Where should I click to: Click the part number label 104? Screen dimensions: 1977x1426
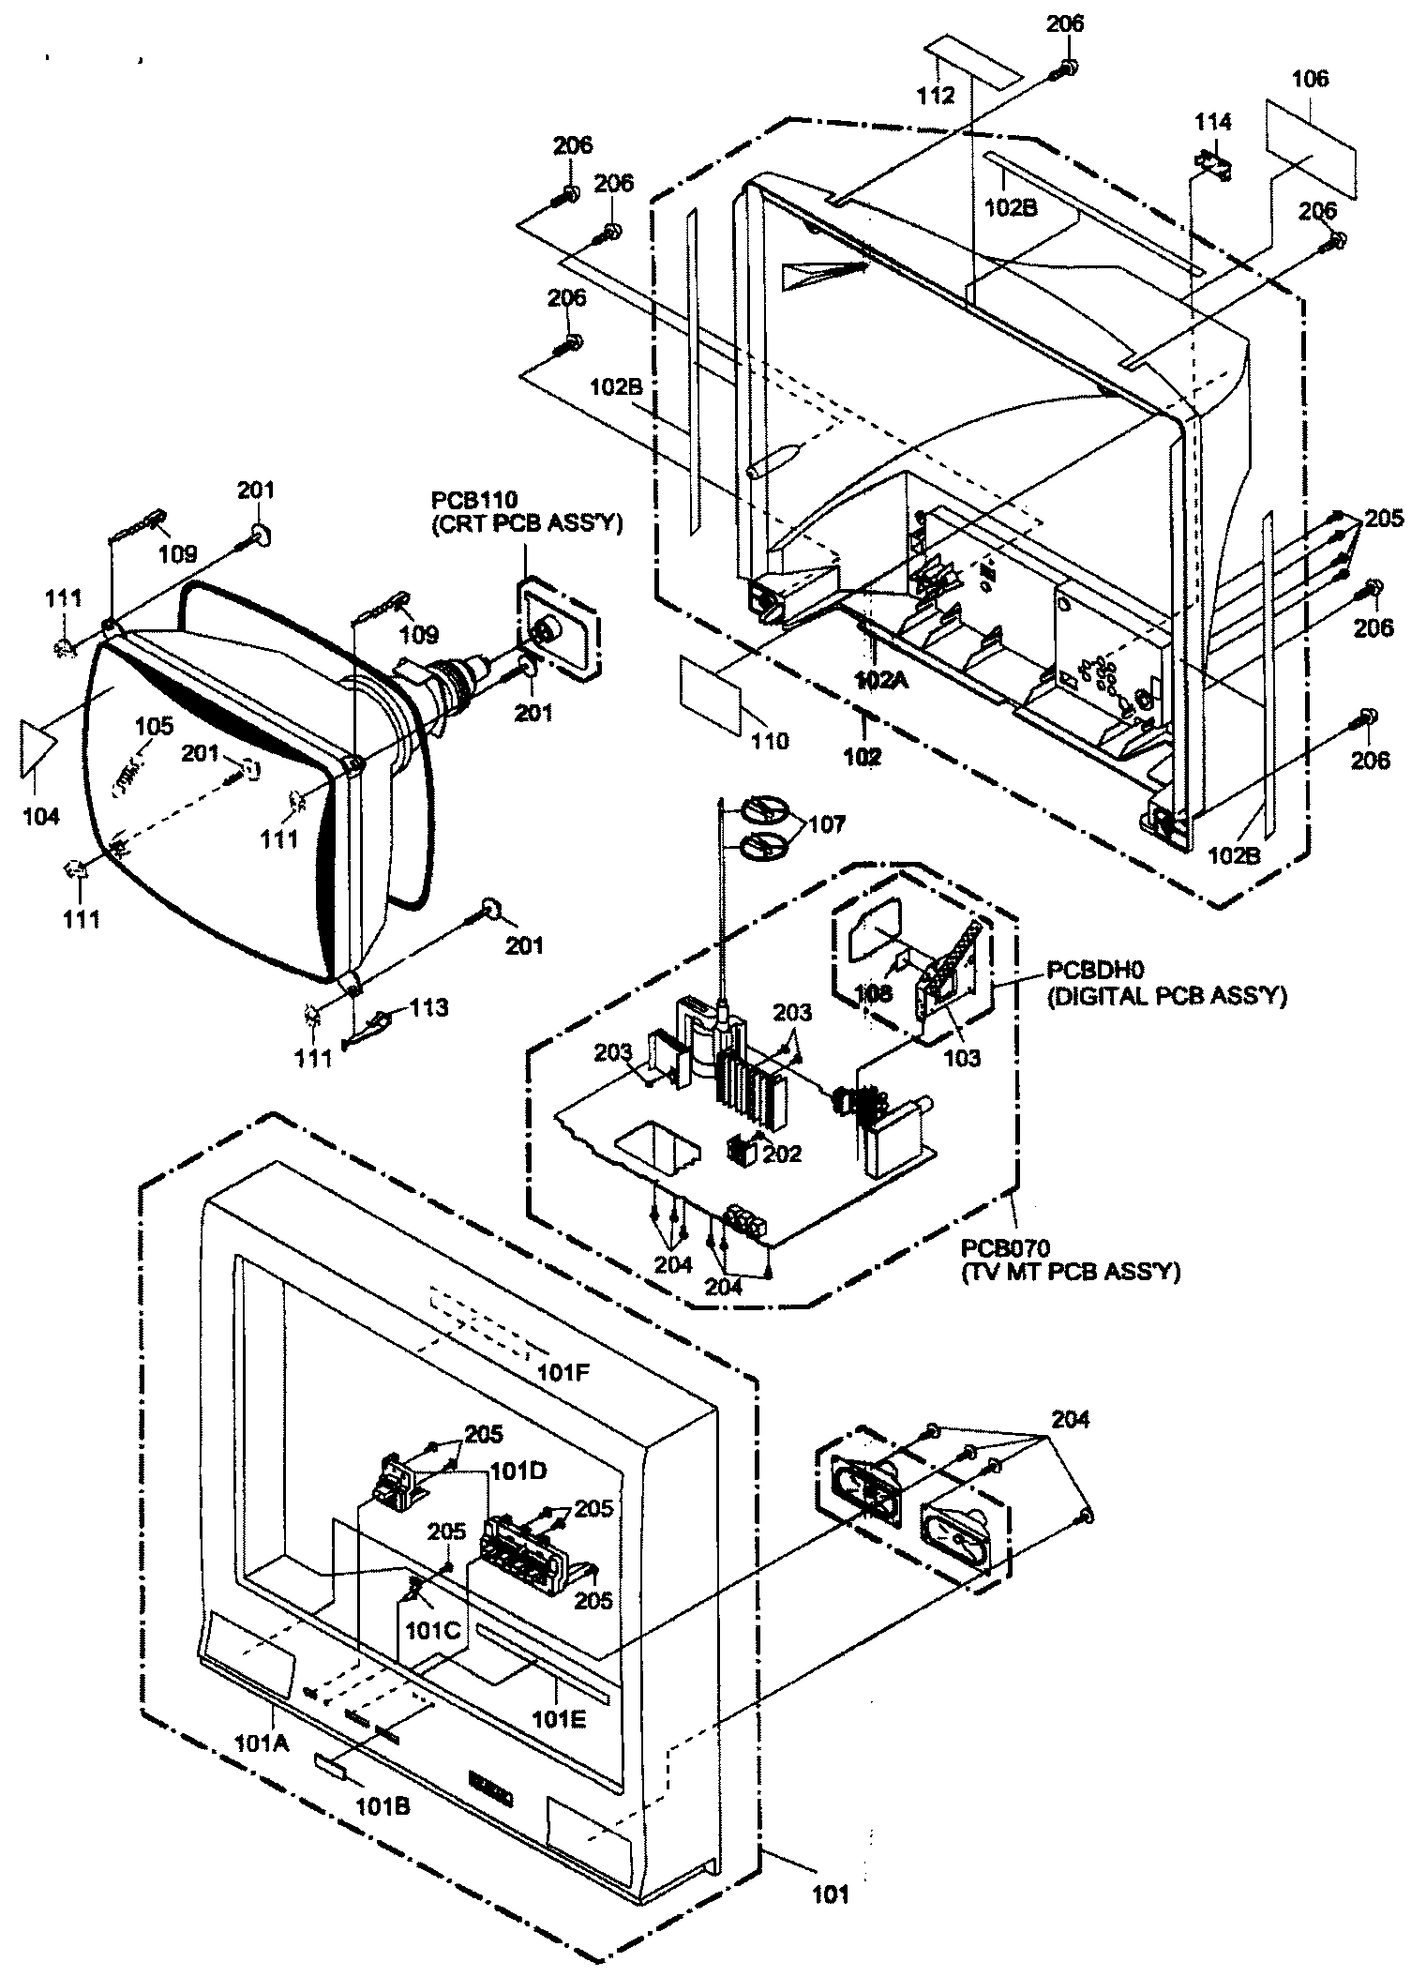tap(40, 816)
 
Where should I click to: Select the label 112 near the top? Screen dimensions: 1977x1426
tap(936, 96)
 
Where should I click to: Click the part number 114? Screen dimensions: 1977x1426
tap(1213, 122)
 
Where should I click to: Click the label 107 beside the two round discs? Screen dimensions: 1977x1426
tap(826, 824)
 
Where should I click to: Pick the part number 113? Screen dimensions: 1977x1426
tap(429, 1008)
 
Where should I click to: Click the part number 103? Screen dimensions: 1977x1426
tap(962, 1058)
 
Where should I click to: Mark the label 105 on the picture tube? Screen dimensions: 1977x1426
tap(154, 725)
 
